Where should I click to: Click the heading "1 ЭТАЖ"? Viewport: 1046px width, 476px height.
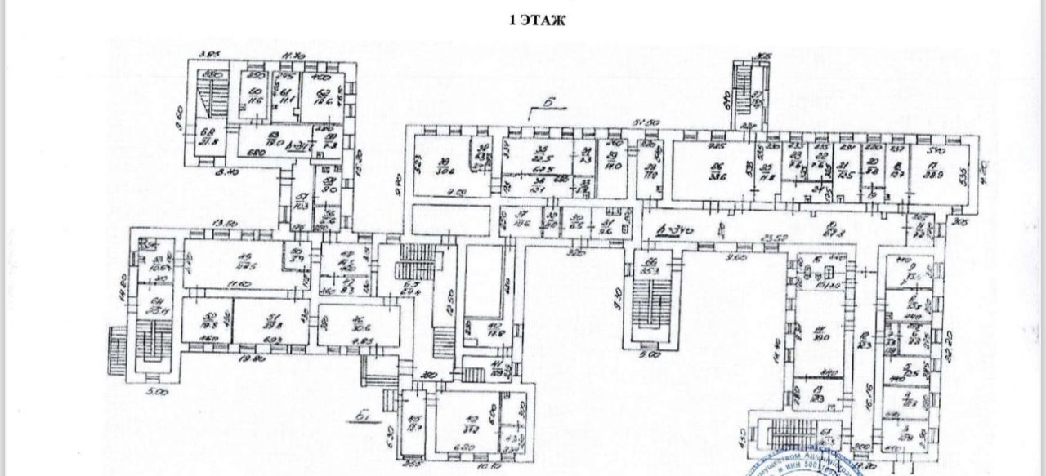[538, 21]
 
